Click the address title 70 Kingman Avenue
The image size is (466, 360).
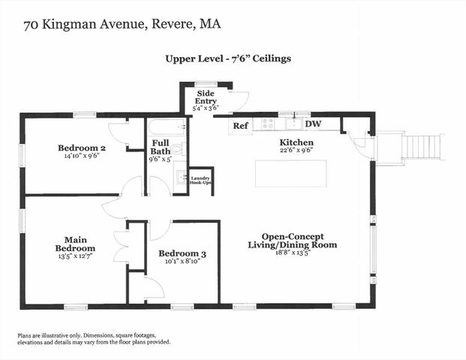[122, 25]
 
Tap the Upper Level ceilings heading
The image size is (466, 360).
[228, 58]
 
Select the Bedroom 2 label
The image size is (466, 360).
[82, 148]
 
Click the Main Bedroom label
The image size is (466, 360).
[75, 243]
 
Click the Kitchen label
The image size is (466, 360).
[296, 142]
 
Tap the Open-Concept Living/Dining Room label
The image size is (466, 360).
[293, 240]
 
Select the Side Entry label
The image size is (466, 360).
[206, 97]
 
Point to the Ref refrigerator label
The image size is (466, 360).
[240, 125]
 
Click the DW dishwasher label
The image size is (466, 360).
[314, 124]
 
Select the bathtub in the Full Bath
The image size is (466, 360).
[165, 125]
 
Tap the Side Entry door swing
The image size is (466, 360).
[239, 100]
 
